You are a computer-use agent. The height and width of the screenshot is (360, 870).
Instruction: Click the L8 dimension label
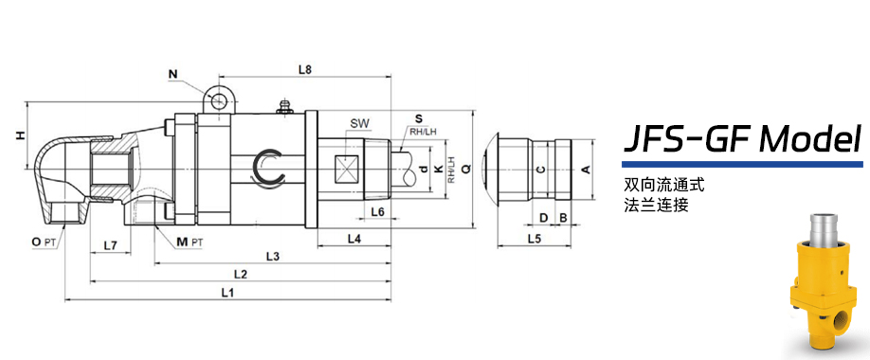click(304, 70)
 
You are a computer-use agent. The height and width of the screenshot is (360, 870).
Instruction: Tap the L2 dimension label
click(241, 274)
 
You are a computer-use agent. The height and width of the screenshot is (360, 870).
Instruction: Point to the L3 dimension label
click(272, 257)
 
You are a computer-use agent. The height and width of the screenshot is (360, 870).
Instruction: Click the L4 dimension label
click(354, 239)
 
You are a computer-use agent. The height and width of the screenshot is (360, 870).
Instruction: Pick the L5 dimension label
click(534, 239)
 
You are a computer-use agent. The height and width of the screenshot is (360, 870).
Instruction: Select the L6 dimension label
click(378, 211)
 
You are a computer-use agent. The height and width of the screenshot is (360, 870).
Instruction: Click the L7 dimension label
click(110, 244)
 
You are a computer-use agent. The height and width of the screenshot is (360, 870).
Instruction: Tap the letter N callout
click(172, 73)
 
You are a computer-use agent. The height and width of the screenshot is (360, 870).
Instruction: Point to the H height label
click(20, 135)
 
